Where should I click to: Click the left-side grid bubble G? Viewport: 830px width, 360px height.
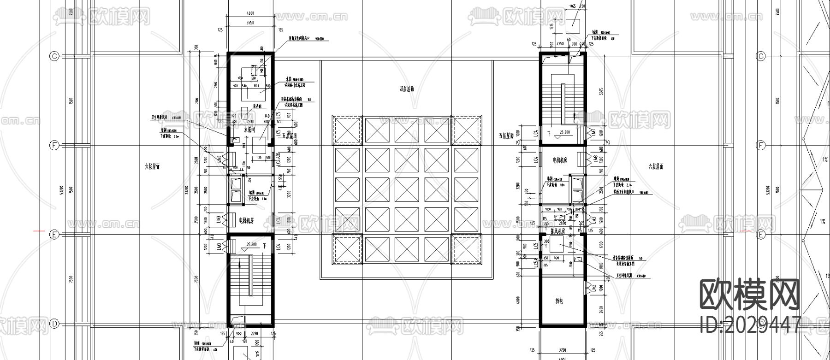tap(54, 56)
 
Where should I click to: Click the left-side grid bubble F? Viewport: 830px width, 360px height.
tap(54, 146)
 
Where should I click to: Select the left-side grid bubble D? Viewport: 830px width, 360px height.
tap(54, 324)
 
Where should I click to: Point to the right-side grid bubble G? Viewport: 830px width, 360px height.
tap(761, 56)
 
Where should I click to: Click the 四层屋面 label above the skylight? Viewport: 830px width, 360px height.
tap(406, 89)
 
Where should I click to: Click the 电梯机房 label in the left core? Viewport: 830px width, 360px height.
tap(247, 221)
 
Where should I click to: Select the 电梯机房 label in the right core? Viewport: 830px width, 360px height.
tap(560, 160)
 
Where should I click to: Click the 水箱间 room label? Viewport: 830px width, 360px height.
tap(249, 131)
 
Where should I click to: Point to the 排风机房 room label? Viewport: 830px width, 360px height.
tap(559, 232)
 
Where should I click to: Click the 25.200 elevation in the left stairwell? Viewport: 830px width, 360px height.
tap(251, 245)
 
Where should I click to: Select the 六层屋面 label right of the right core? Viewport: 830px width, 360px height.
tap(655, 167)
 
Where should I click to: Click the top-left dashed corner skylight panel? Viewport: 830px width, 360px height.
tap(347, 130)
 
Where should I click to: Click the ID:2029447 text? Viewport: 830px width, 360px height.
tap(750, 325)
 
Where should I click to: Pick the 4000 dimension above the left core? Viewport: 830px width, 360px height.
tap(250, 13)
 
